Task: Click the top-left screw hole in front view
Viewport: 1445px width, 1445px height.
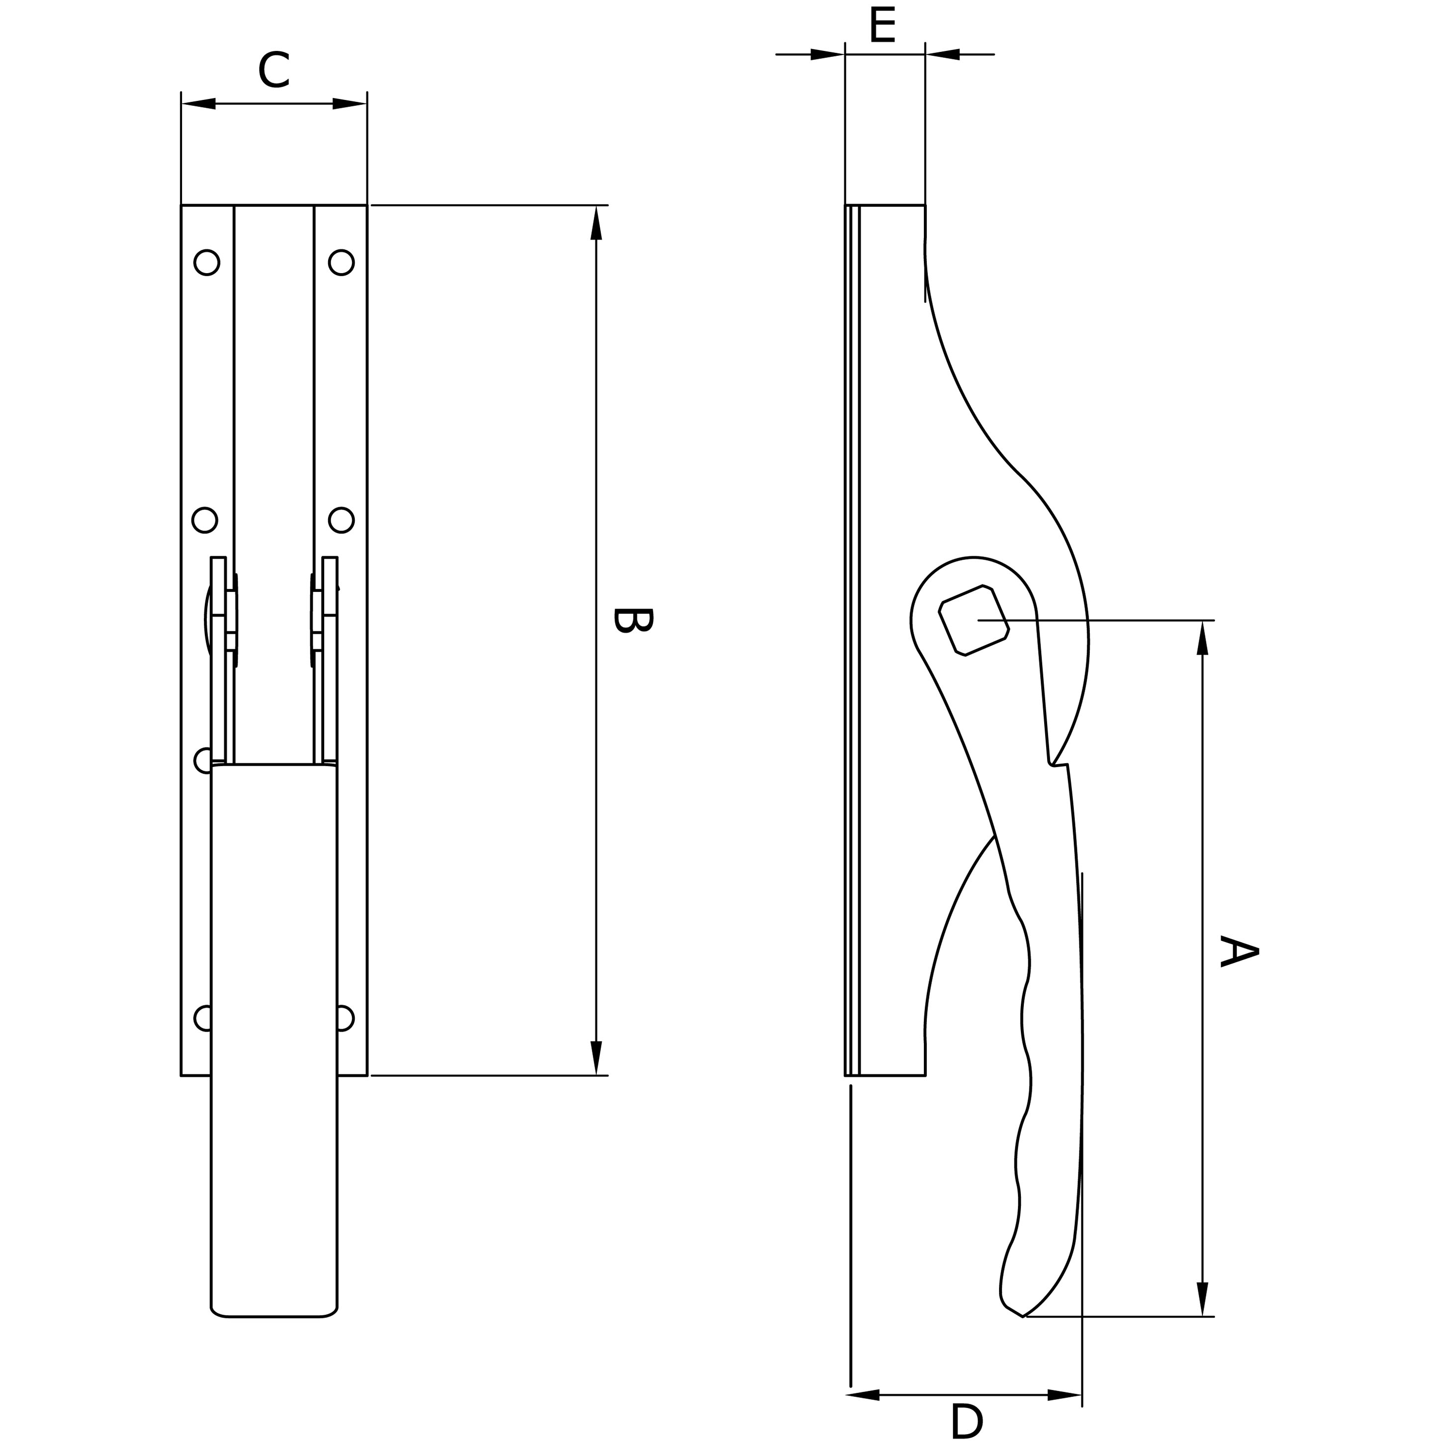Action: click(206, 262)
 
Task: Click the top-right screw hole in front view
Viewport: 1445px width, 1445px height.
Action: click(341, 262)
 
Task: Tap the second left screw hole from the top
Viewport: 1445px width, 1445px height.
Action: click(205, 520)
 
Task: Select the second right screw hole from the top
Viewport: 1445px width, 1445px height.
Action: click(341, 520)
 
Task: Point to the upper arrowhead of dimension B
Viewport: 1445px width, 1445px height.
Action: click(596, 223)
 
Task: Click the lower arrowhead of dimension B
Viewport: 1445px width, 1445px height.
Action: click(596, 1058)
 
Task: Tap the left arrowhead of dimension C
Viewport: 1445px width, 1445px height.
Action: click(199, 103)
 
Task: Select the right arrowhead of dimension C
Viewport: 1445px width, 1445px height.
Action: click(349, 103)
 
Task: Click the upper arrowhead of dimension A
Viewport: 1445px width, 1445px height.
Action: click(1203, 637)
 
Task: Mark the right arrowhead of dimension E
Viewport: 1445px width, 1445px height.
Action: click(942, 54)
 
